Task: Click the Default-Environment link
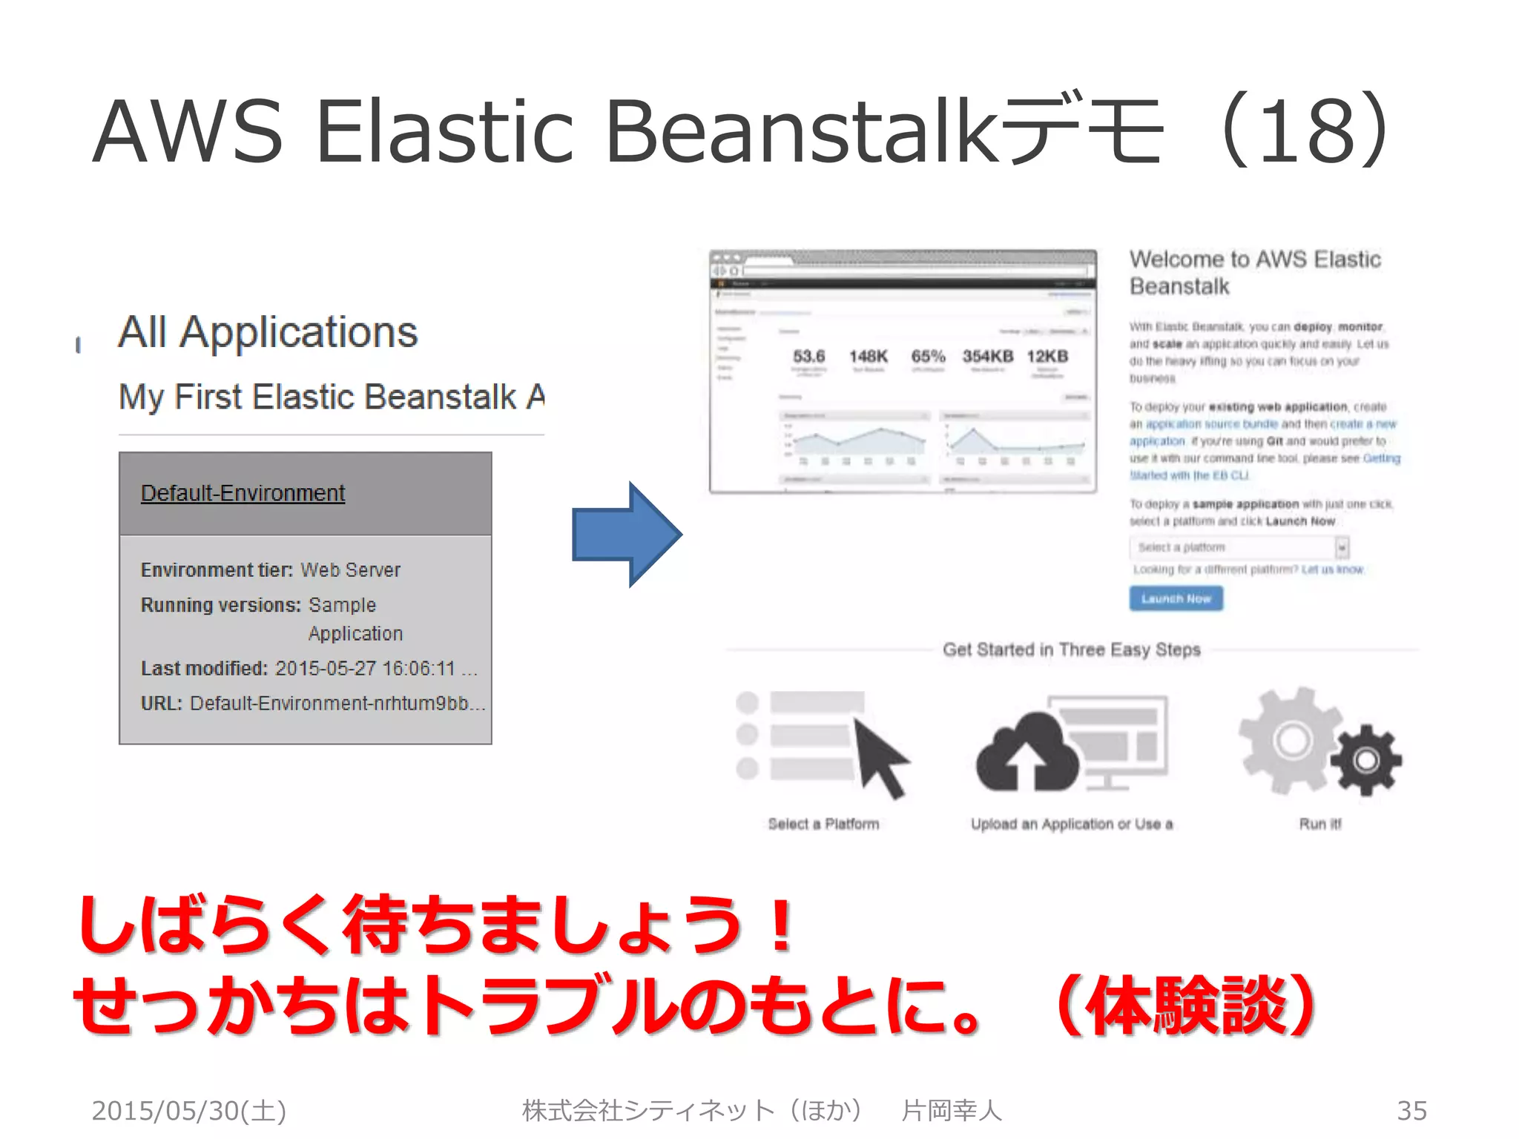243,493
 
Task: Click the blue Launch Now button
1176,598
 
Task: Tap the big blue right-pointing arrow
627,535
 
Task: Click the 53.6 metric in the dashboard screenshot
808,357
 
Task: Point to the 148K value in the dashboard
868,357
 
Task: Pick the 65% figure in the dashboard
928,357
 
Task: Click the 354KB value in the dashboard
987,357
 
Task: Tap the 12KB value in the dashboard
1047,357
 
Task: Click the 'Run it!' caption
1319,824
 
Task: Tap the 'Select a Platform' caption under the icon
823,824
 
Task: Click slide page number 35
1411,1111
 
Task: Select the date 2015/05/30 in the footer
188,1111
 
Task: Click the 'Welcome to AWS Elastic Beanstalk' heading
1254,272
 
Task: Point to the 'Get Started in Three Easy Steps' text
1071,650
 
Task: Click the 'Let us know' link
1332,569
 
